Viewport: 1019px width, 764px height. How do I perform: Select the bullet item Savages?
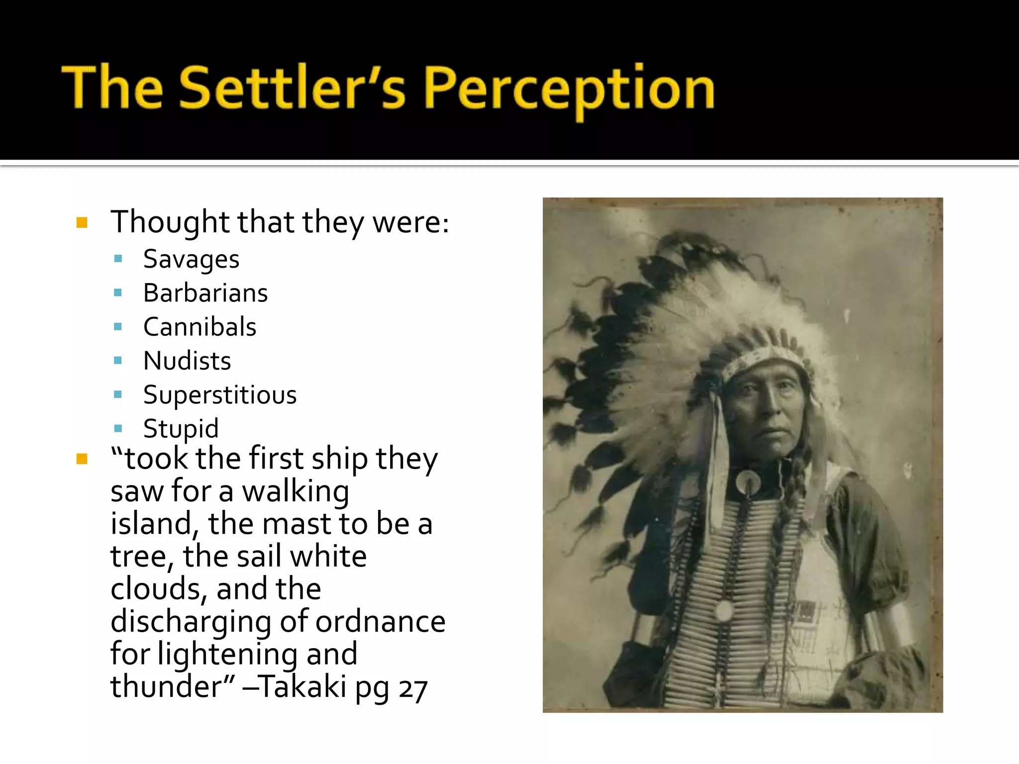coord(191,259)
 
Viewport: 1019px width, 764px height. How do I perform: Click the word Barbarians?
coord(205,293)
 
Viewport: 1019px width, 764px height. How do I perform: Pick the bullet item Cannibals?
coord(200,327)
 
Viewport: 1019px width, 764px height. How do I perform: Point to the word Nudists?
coord(187,361)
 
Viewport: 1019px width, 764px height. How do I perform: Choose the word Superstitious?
coord(220,395)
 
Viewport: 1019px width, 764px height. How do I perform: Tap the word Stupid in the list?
coord(181,428)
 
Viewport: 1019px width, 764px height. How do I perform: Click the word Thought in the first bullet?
coord(169,222)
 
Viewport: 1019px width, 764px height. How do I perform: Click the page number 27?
coord(412,689)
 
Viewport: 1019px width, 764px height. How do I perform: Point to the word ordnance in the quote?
coord(380,622)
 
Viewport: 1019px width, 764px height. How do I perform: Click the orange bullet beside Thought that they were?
coord(82,222)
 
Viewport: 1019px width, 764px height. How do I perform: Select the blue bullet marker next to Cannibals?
coord(118,327)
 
